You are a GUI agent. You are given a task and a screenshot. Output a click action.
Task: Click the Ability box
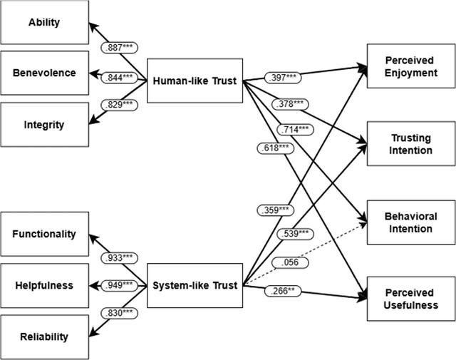pyautogui.click(x=44, y=22)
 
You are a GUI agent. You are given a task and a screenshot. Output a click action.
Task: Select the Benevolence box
pyautogui.click(x=44, y=73)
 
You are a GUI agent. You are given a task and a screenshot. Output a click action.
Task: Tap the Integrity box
pyautogui.click(x=44, y=125)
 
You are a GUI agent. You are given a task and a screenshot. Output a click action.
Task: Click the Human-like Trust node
pyautogui.click(x=194, y=80)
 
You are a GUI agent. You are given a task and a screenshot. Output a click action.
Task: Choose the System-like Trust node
pyautogui.click(x=194, y=285)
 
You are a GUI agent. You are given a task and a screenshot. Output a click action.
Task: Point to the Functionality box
pyautogui.click(x=44, y=234)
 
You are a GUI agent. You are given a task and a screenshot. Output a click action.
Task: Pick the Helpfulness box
pyautogui.click(x=44, y=285)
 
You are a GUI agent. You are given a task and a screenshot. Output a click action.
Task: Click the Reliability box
pyautogui.click(x=44, y=336)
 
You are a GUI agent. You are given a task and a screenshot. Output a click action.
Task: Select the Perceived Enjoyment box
pyautogui.click(x=410, y=66)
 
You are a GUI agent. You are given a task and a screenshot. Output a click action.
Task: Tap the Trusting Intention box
pyautogui.click(x=410, y=144)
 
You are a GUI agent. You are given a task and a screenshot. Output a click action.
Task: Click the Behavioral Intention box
pyautogui.click(x=410, y=222)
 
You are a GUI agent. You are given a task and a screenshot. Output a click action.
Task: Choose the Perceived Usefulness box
pyautogui.click(x=410, y=299)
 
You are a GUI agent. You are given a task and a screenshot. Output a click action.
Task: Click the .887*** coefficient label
pyautogui.click(x=119, y=48)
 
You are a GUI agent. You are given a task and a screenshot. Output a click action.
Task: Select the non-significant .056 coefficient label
pyautogui.click(x=293, y=262)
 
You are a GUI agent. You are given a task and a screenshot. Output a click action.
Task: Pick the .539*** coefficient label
pyautogui.click(x=293, y=234)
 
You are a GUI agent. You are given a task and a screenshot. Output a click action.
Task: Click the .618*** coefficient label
pyautogui.click(x=274, y=148)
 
